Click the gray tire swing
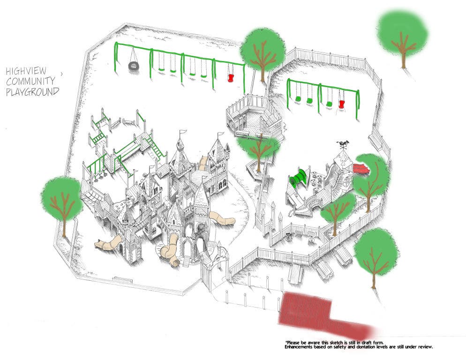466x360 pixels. point(133,66)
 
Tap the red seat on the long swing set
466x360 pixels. point(230,78)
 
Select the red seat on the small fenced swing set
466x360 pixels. point(341,104)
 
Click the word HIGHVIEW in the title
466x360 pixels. point(26,71)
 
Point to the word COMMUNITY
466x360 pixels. point(30,81)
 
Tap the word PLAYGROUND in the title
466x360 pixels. point(32,92)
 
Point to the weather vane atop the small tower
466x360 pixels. point(343,144)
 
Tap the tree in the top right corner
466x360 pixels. point(403,37)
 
